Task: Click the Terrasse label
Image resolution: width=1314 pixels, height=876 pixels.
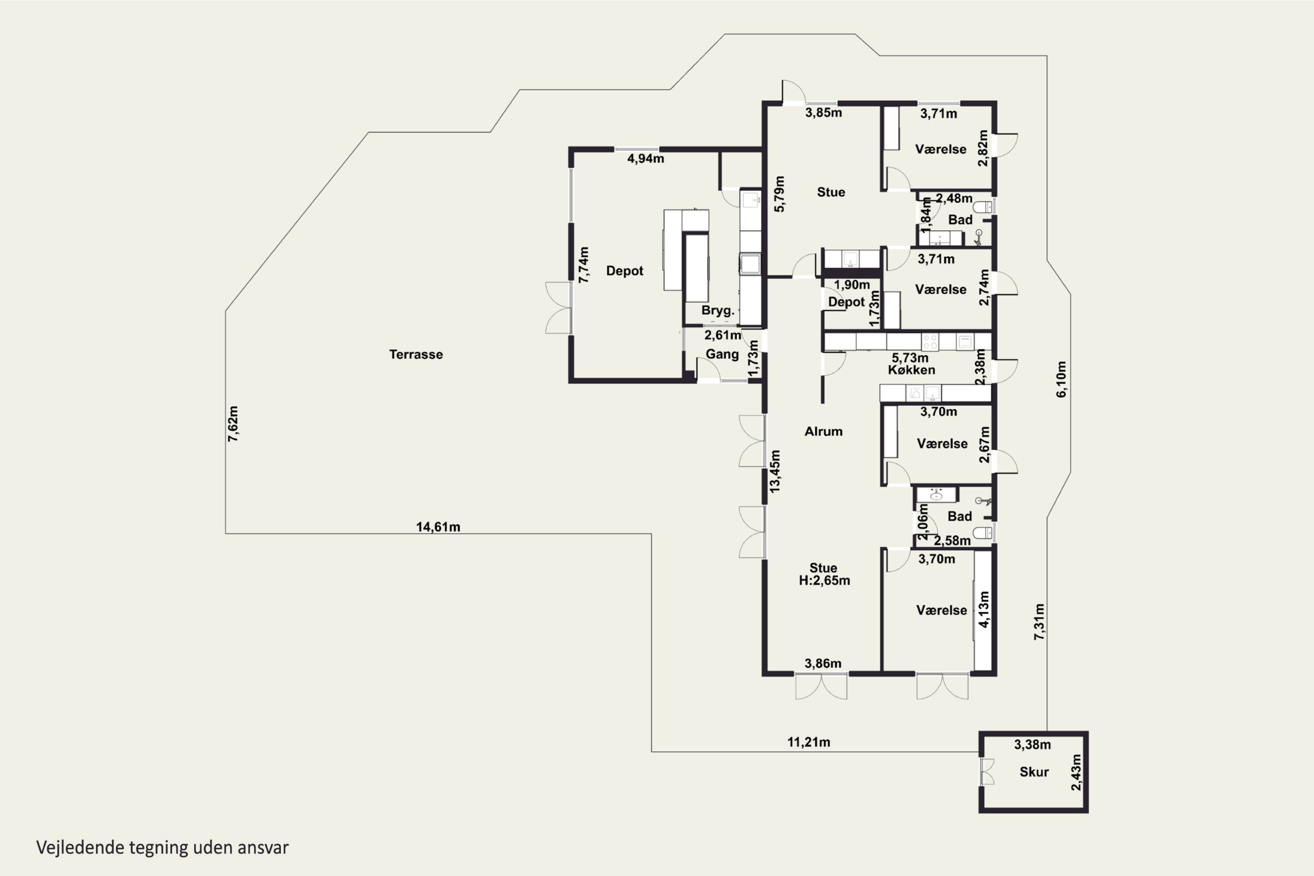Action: pos(416,354)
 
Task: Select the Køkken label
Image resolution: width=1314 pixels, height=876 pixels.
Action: pos(912,370)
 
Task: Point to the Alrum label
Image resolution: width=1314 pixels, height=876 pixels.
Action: pos(823,431)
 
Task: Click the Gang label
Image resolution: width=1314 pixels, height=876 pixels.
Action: pos(722,354)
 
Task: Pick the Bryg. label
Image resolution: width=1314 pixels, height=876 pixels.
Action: pos(718,311)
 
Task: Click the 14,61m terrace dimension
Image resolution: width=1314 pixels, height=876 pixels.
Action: pos(438,527)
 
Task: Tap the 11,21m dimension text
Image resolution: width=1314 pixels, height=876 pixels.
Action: pos(809,742)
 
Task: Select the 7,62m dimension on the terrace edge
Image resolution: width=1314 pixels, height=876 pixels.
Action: pos(233,424)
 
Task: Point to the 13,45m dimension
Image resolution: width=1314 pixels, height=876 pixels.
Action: pos(775,471)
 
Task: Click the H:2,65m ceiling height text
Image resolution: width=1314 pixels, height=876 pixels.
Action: pos(825,580)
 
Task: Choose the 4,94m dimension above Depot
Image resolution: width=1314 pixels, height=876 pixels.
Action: pos(646,159)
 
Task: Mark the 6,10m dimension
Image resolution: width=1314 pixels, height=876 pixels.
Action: pos(1061,379)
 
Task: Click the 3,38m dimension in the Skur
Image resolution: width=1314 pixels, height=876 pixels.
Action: pos(1032,745)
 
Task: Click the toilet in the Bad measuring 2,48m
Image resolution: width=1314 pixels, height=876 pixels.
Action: pos(983,207)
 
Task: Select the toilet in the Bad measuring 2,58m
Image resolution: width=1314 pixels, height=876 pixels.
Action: pos(983,532)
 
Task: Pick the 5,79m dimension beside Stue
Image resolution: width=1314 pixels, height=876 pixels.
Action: pos(780,194)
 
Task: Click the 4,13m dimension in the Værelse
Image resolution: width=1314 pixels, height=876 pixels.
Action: pos(984,610)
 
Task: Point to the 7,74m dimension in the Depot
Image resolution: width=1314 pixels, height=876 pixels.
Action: pos(583,265)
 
